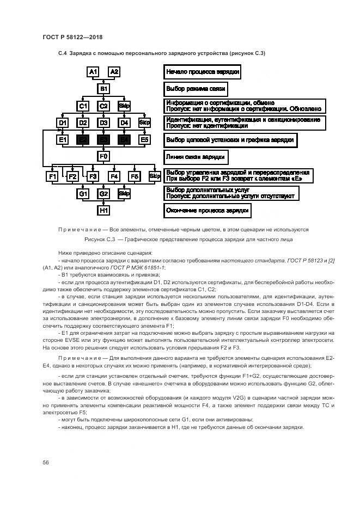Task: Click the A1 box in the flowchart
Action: click(93, 72)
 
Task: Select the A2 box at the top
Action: click(114, 72)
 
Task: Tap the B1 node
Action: click(103, 88)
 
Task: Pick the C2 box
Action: click(103, 106)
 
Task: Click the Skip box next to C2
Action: click(124, 106)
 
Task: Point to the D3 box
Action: click(103, 122)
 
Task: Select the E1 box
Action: click(62, 140)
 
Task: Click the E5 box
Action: click(144, 140)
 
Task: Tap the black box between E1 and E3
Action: click(83, 140)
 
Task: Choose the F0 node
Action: click(103, 157)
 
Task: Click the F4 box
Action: click(114, 176)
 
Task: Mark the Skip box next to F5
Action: click(155, 176)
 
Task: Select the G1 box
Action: click(83, 193)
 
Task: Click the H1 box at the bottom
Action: click(103, 210)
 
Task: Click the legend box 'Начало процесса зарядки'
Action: click(202, 72)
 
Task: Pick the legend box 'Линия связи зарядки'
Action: click(196, 157)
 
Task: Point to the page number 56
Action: click(46, 462)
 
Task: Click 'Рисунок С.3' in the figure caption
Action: click(101, 239)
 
